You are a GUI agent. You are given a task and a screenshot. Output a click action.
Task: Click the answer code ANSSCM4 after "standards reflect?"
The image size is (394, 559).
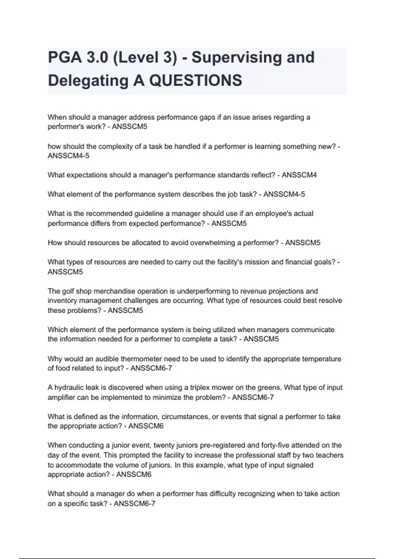[x=299, y=175]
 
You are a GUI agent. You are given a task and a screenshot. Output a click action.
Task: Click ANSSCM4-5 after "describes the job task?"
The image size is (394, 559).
[x=284, y=194]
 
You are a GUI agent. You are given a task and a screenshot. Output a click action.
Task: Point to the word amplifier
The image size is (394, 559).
[x=61, y=398]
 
